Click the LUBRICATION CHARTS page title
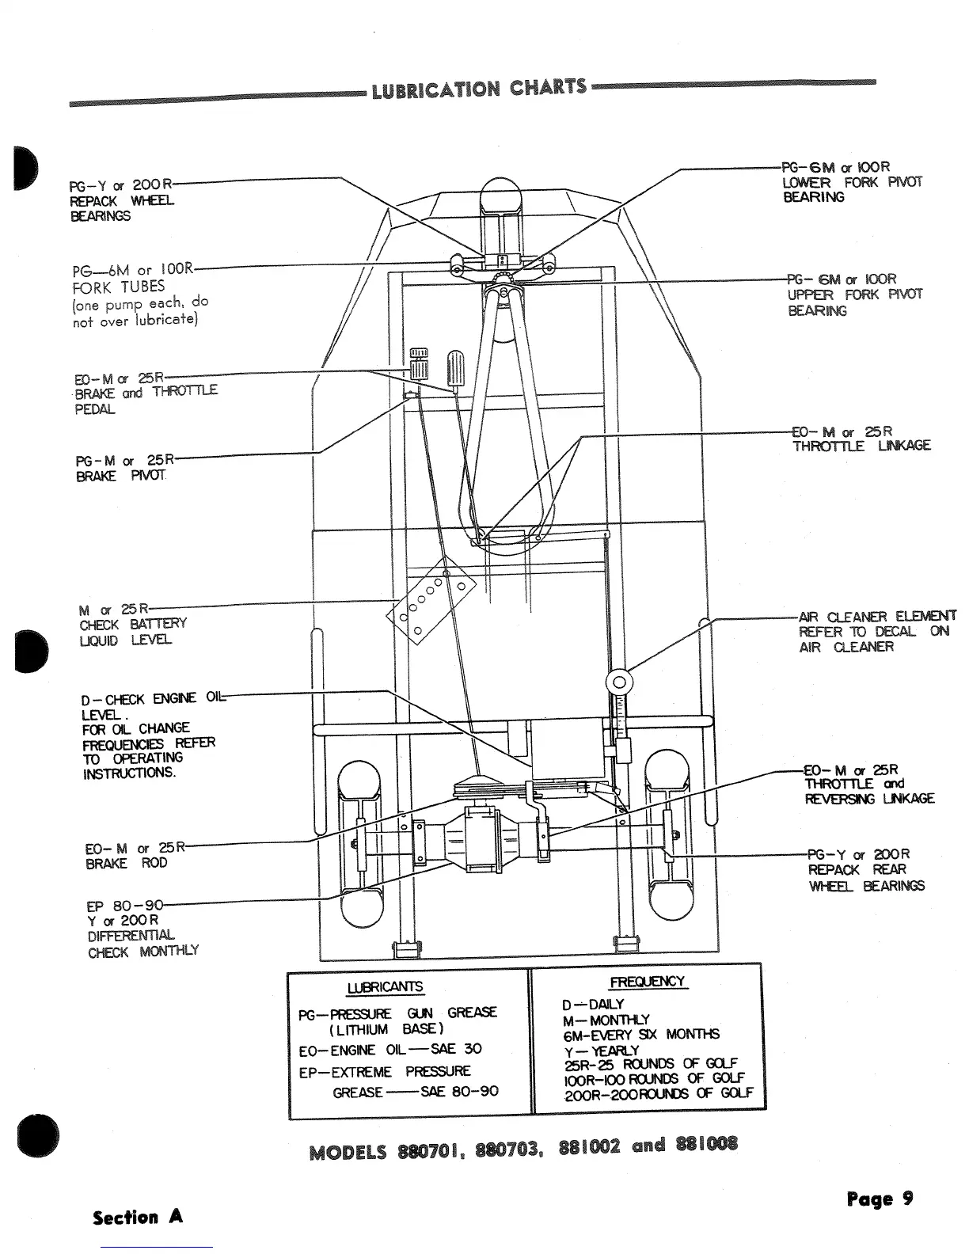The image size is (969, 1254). tap(479, 89)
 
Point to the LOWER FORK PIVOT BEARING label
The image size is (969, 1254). tap(851, 183)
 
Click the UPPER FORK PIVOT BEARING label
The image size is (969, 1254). tap(854, 294)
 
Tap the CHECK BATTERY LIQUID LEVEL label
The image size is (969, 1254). tap(131, 625)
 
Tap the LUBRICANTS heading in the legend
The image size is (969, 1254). tap(385, 987)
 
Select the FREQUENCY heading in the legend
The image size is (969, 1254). tap(647, 982)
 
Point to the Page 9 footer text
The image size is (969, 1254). tap(880, 1199)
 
